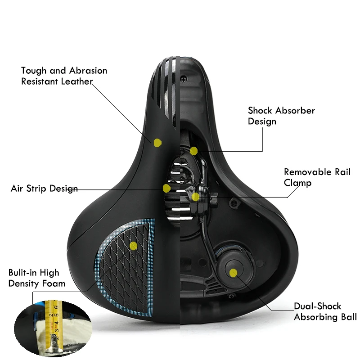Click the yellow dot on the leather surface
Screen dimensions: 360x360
tap(157, 143)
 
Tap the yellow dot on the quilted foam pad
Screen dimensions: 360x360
tap(133, 245)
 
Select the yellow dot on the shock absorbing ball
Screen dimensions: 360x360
tap(233, 272)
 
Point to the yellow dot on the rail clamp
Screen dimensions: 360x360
tap(195, 197)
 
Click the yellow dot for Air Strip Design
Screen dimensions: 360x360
tap(166, 188)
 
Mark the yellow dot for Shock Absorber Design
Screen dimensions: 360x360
tap(193, 151)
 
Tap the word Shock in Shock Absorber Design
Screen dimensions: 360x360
tap(260, 110)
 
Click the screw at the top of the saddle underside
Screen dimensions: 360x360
tap(184, 78)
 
